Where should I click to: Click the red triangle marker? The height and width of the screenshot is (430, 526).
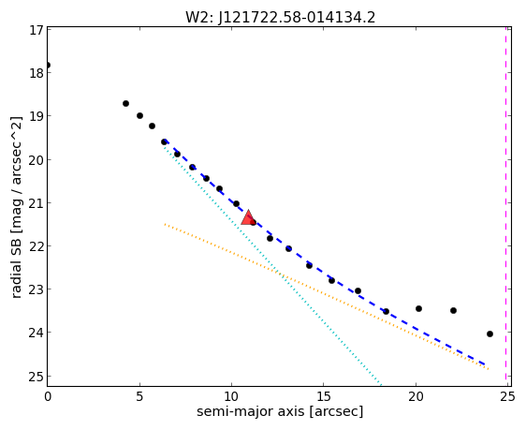(x=248, y=217)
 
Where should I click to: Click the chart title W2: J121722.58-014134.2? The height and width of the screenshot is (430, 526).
(x=280, y=17)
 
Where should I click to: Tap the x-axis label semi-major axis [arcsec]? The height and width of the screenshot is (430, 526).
(x=280, y=411)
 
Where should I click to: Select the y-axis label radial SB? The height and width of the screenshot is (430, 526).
(x=16, y=266)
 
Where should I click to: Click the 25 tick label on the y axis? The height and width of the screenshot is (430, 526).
(x=36, y=377)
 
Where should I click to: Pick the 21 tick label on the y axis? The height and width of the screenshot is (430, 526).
(x=36, y=203)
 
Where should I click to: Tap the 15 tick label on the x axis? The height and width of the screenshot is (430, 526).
(x=324, y=397)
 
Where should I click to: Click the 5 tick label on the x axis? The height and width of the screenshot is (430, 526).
(x=139, y=397)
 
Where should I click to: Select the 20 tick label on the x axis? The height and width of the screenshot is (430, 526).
(x=416, y=397)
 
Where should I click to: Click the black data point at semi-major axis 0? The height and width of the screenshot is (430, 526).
(x=48, y=66)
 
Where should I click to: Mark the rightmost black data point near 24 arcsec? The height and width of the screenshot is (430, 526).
(x=489, y=334)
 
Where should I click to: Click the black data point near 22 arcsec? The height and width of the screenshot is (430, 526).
(x=453, y=310)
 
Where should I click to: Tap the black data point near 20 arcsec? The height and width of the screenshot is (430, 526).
(x=418, y=308)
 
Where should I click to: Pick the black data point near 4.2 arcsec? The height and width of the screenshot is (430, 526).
(x=125, y=103)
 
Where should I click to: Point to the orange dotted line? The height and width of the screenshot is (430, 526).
(x=327, y=296)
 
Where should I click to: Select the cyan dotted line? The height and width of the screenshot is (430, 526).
(x=272, y=264)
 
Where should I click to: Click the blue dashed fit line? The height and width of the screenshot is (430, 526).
(x=325, y=274)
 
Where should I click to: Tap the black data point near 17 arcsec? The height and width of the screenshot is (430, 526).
(x=358, y=290)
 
